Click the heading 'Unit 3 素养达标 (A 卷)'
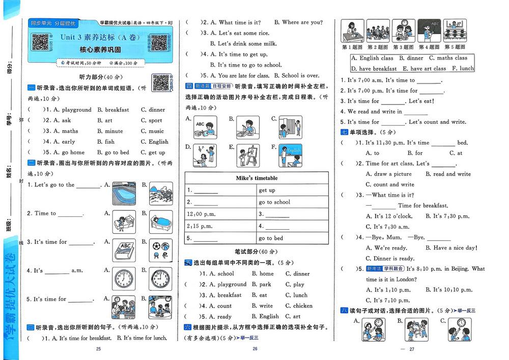coord(100,37)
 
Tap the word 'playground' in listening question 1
coord(76,109)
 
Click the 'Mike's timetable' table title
coord(257,178)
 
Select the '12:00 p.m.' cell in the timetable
coord(200,214)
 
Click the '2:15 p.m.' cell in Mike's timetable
coord(200,226)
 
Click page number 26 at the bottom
coord(256,349)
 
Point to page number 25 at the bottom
coord(99,349)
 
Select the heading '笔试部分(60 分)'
coord(257,252)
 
